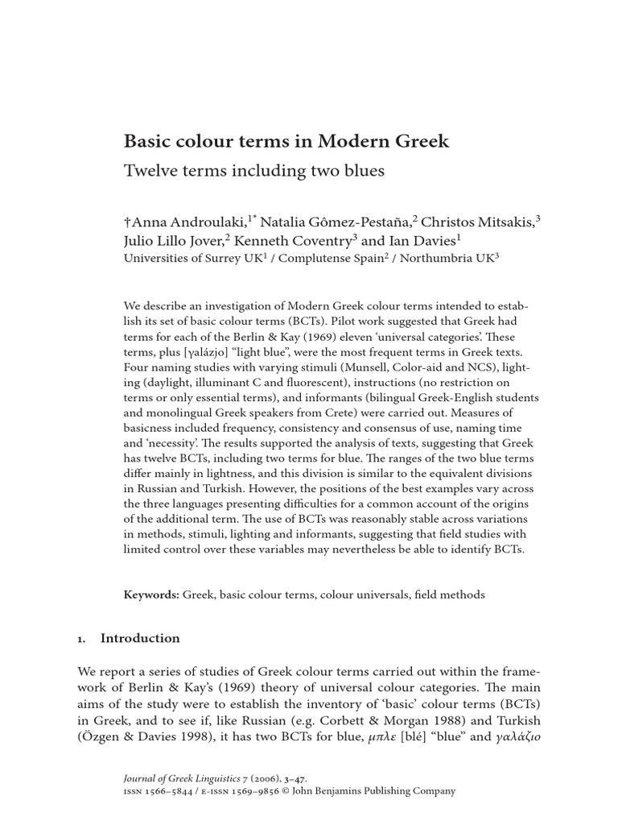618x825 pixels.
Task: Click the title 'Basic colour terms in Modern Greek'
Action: click(286, 142)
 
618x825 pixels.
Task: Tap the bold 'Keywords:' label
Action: click(151, 595)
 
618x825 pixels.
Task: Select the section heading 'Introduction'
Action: click(140, 638)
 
